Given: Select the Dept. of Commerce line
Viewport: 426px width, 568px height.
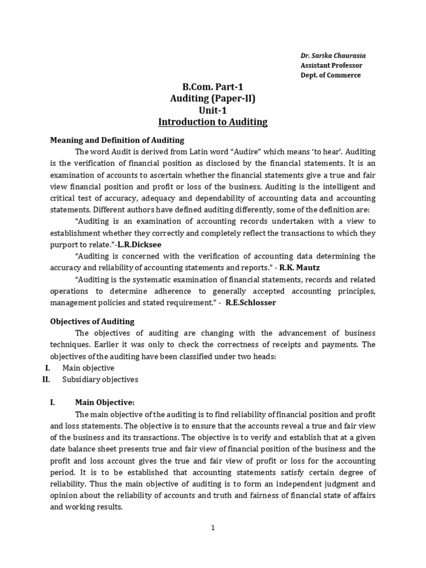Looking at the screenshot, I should (x=327, y=75).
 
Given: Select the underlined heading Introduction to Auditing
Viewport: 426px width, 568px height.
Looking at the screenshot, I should (x=212, y=121).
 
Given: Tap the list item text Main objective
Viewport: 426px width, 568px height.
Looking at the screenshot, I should (x=88, y=368).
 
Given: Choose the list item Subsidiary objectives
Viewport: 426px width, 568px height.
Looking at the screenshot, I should (x=100, y=379).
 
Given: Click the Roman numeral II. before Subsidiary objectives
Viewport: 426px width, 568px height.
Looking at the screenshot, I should (x=46, y=379).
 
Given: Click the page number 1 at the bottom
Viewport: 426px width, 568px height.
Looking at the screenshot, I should (x=212, y=528).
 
